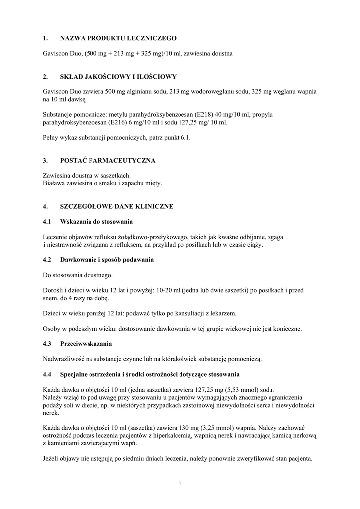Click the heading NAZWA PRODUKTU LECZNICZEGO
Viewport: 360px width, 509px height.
pos(118,38)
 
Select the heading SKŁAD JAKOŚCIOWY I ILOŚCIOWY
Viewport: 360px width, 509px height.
pos(118,77)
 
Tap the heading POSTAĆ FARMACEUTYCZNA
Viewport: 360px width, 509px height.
pos(107,161)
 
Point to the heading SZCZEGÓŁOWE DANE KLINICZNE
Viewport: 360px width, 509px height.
pos(116,206)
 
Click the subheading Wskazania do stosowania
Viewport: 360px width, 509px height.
pos(96,221)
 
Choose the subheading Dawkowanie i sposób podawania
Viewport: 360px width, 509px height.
pos(106,260)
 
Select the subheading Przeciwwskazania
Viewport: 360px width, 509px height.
pos(86,343)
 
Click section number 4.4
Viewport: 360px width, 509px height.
pos(48,374)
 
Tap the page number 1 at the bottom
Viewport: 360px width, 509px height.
pos(180,484)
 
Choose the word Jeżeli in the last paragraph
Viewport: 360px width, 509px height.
pos(52,459)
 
